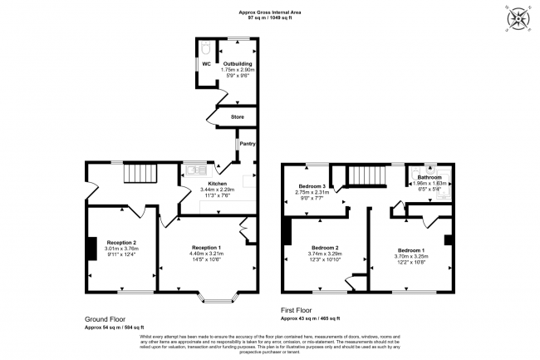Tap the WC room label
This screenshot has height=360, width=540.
205,62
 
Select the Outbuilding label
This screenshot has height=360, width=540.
238,62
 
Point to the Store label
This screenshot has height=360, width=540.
237,116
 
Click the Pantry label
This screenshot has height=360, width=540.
247,144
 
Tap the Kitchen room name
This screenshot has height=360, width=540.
218,183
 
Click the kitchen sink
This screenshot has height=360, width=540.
195,170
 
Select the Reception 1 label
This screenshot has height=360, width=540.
206,248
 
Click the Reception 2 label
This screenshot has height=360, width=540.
120,242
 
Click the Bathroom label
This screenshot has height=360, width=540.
430,177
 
